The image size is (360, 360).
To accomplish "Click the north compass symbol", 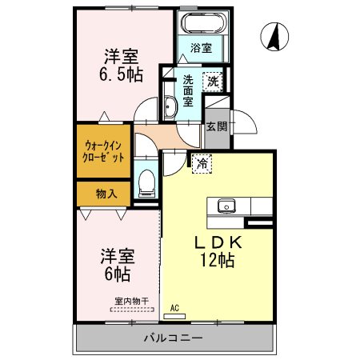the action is pos(274,37).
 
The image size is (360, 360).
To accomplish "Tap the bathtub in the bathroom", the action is pos(205,22).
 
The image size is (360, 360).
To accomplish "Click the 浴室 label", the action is pos(202,48).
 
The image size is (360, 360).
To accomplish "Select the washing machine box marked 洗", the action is pos(213,82).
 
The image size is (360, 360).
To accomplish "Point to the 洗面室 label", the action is pos(188,90).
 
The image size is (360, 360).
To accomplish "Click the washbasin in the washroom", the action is pos(170,107).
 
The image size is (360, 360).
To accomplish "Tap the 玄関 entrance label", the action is pos(217,126).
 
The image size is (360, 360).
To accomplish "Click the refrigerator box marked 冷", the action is pos(202,163).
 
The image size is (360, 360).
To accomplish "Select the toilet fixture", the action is pos(146,183).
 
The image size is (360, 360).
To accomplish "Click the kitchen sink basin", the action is pos(226,206).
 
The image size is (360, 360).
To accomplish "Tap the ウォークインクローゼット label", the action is pos(103,152).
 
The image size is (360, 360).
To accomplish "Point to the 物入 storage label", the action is pos(106,194).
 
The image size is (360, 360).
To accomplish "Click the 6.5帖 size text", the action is pos(121,74).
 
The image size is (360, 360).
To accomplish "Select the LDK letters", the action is pos(218,242).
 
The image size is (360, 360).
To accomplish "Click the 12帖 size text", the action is pos(218,260).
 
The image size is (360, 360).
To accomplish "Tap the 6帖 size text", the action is pos(118,274).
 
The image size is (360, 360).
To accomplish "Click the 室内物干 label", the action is pos(132,302).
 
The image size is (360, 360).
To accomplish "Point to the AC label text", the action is pos(174,308).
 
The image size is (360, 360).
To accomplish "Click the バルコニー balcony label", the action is pos(174,338).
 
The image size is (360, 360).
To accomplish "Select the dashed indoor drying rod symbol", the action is pos(132,310).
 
